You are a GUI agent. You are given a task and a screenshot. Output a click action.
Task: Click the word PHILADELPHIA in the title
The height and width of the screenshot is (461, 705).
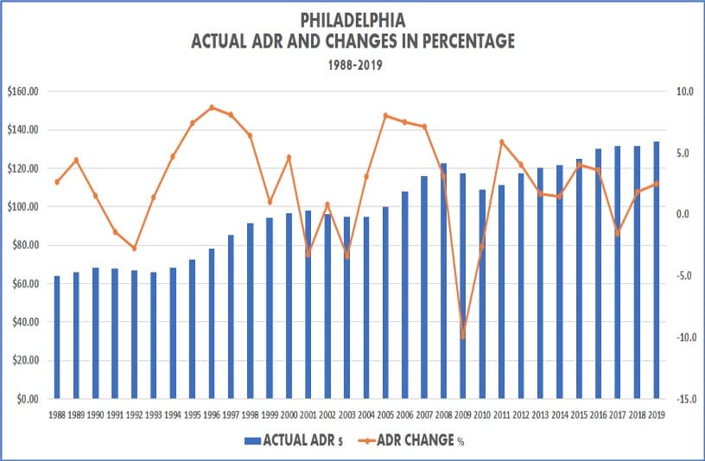352,18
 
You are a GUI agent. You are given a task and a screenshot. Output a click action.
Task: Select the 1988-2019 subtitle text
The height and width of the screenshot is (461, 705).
352,64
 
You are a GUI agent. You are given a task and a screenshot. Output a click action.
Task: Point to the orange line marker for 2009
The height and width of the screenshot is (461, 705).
463,337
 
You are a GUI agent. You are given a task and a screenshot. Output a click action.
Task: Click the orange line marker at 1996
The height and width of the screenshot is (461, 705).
212,108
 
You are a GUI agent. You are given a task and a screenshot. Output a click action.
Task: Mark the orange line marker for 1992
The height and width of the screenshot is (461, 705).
134,249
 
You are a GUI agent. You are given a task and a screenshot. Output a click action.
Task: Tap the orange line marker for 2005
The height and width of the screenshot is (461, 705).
385,116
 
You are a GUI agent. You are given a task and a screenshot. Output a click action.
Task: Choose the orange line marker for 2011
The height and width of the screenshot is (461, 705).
501,142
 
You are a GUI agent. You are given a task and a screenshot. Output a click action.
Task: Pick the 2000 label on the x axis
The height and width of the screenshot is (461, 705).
289,415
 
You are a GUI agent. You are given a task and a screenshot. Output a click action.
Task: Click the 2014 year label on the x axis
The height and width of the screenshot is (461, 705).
559,415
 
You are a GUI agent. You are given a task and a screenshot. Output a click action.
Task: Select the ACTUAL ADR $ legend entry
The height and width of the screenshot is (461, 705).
294,440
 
